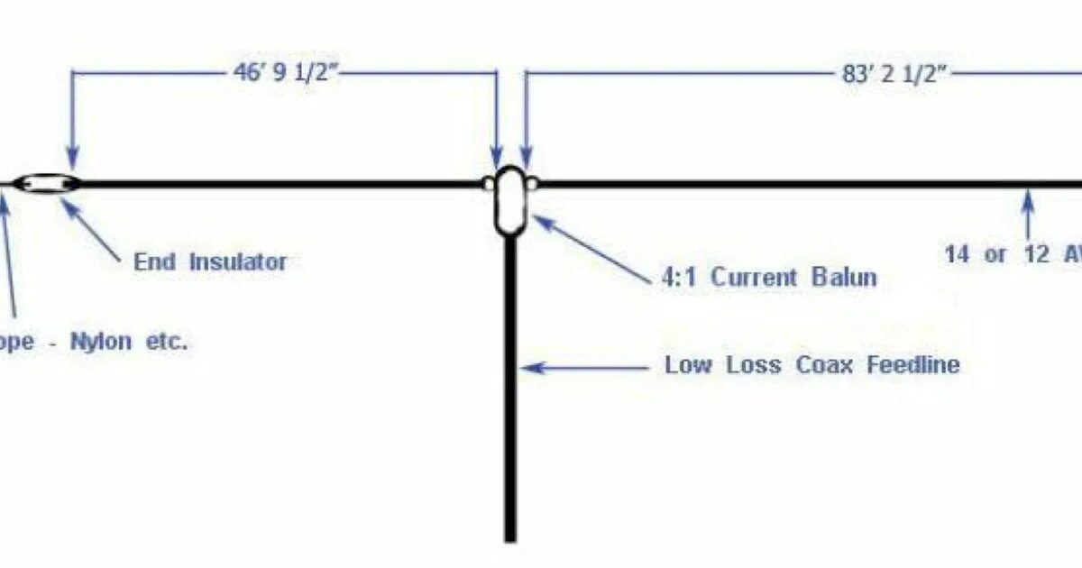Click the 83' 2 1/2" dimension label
pos(893,74)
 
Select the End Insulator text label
pos(210,262)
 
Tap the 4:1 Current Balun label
pos(768,277)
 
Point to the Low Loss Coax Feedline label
pos(811,365)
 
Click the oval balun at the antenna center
pos(510,200)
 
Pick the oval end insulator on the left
pos(44,184)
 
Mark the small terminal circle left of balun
pos(488,184)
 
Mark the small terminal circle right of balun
pos(533,184)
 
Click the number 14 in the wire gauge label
pos(958,255)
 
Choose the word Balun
pos(843,277)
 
